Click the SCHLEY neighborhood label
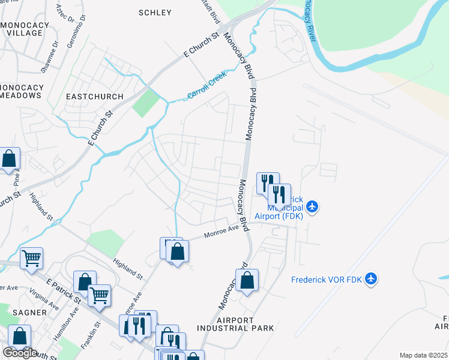(155, 13)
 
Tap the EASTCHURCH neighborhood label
(94, 97)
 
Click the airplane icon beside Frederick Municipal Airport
(311, 207)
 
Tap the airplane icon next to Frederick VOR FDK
(371, 278)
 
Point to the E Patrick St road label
(64, 288)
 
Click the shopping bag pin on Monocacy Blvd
(247, 280)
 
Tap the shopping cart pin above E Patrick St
(32, 259)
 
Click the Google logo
(20, 352)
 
